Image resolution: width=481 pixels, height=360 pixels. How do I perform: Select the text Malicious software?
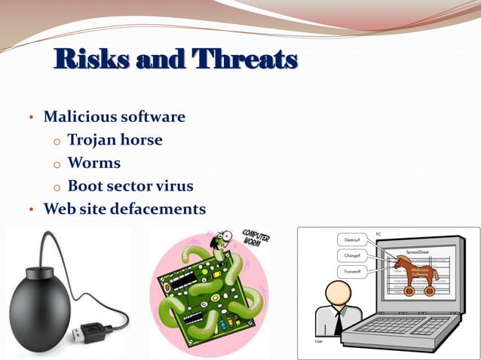(114, 117)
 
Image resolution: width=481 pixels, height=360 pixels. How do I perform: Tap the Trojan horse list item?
(115, 140)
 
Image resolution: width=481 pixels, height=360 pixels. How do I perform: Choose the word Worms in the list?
(93, 163)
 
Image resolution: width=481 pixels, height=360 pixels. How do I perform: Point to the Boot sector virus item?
(130, 185)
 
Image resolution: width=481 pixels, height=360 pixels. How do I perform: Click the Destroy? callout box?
(351, 239)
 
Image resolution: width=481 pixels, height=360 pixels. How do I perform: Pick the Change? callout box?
(351, 256)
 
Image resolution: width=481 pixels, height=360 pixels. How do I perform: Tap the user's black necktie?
(339, 322)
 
